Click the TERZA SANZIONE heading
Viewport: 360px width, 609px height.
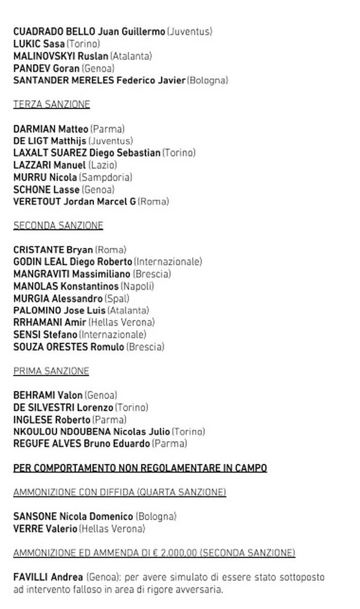tap(51, 104)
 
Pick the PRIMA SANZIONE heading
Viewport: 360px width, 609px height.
tap(51, 371)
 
